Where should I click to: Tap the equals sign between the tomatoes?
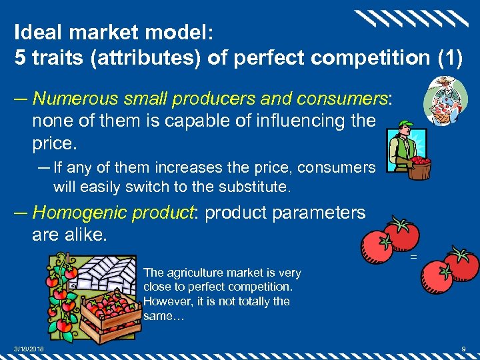click(413, 256)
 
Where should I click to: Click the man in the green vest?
click(403, 148)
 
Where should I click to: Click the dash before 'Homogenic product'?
click(21, 213)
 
